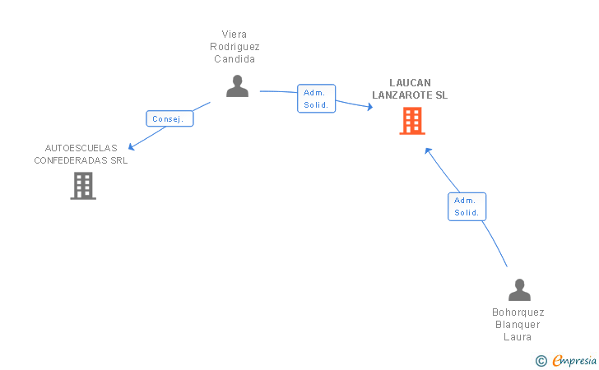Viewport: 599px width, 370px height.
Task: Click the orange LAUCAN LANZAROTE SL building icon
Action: point(412,121)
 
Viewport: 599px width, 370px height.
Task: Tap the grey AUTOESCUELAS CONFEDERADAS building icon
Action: point(83,186)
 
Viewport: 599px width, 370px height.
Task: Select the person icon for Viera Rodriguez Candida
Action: point(237,86)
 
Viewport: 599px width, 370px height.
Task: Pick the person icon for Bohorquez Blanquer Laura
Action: point(519,289)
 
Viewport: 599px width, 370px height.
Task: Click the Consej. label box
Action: point(170,118)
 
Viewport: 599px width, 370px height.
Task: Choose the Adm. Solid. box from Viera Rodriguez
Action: point(316,99)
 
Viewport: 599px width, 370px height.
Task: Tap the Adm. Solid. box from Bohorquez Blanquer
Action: point(467,206)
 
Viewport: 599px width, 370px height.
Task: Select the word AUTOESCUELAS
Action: point(81,148)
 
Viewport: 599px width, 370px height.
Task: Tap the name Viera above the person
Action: point(234,35)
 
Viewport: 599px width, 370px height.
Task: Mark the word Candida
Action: point(234,59)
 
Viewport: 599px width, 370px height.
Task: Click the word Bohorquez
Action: point(518,312)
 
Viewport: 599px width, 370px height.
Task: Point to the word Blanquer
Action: point(518,325)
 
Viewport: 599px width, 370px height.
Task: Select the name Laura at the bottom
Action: point(518,337)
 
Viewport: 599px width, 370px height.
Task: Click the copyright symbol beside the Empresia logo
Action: point(541,360)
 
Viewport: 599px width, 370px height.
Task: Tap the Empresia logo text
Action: point(574,359)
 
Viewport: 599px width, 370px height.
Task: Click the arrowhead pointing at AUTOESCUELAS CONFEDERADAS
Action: point(132,148)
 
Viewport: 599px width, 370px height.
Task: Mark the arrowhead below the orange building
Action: point(427,150)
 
